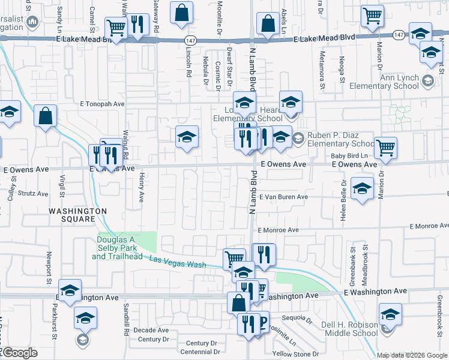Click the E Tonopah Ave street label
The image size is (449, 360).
102,103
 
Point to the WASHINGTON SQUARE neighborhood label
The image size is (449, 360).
77,215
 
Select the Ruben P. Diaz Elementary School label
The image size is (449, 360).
341,140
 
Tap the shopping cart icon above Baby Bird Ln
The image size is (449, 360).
385,146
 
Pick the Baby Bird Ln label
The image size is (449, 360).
349,156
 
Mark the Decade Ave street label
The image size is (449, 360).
151,330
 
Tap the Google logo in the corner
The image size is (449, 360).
19,353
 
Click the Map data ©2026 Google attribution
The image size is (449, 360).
412,355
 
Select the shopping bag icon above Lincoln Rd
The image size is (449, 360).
181,12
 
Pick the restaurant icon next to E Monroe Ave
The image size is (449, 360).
264,254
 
